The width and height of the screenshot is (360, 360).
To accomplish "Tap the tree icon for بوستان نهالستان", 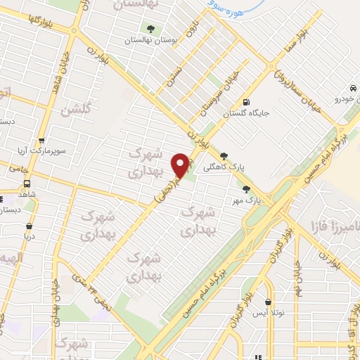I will point(151,28).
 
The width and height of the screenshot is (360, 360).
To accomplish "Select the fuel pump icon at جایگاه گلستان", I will point(246,101).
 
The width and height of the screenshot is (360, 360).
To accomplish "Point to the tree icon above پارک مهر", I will point(246,188).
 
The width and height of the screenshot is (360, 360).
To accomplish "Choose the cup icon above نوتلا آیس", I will point(268,283).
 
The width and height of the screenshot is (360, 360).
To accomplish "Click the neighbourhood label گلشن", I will point(75,110).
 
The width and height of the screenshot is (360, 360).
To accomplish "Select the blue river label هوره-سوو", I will point(231,8).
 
